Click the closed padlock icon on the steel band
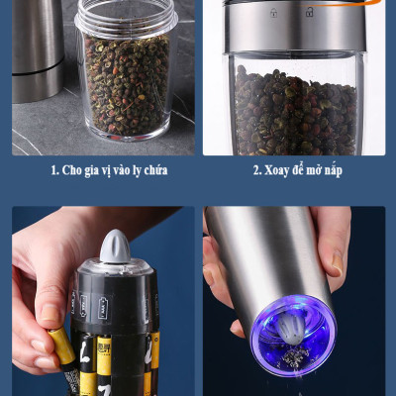point(273,13)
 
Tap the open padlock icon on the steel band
point(309,13)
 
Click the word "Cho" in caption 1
point(72,170)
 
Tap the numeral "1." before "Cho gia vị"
point(54,170)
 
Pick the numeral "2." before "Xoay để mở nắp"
point(257,170)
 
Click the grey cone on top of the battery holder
point(115,247)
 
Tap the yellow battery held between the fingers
point(62,347)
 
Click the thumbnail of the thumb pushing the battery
point(49,313)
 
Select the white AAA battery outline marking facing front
point(103,307)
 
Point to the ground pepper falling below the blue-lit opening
point(293,356)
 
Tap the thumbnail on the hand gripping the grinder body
point(337,263)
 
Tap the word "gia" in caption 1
point(92,171)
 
